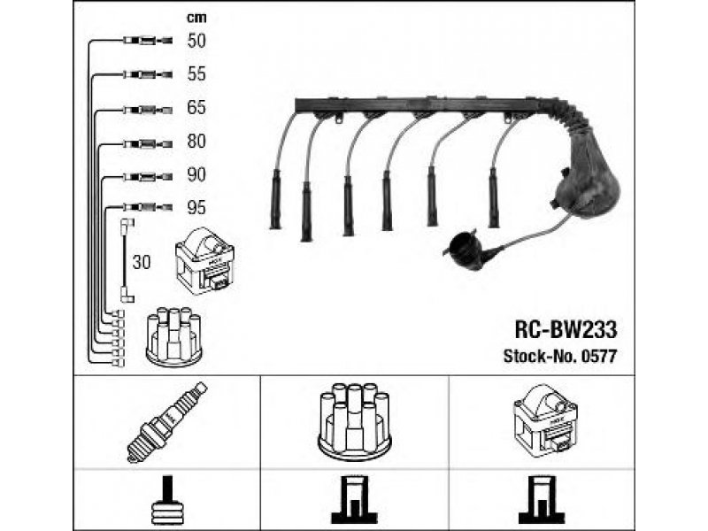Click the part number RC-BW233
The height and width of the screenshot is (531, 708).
(566, 329)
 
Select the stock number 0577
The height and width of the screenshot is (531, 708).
(598, 357)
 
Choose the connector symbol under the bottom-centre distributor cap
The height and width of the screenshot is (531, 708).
(354, 503)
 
